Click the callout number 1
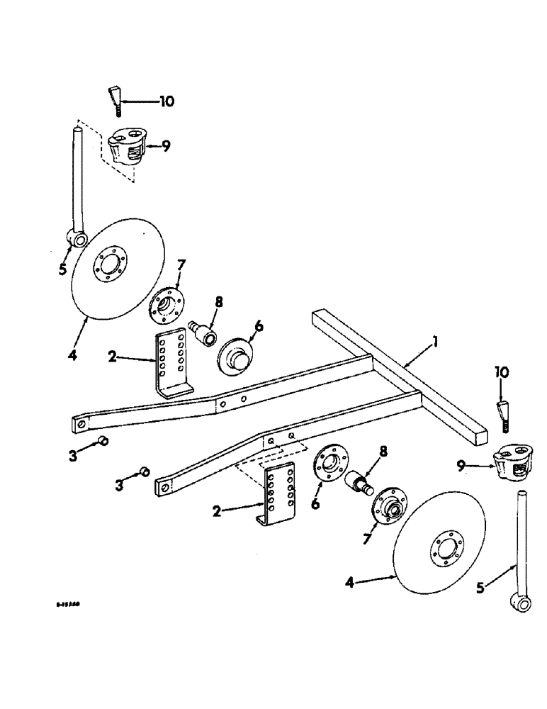click(437, 342)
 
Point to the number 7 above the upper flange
click(181, 266)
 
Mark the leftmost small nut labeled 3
click(102, 442)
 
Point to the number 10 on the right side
click(502, 372)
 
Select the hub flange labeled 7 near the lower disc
click(385, 507)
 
